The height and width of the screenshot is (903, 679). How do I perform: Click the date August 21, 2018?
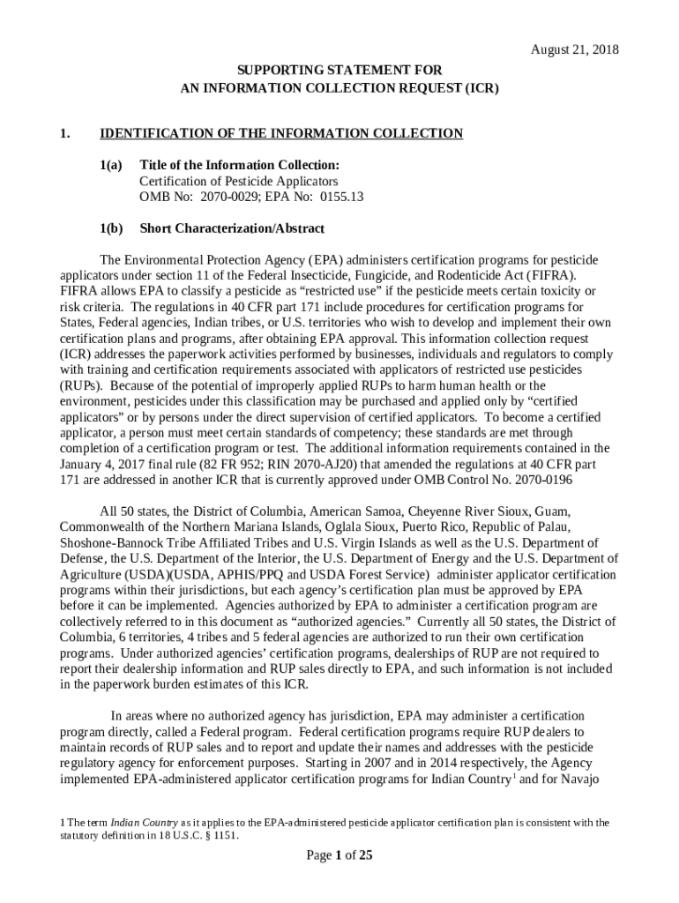(x=574, y=50)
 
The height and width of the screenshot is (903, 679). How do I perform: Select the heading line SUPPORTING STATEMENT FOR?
(x=339, y=70)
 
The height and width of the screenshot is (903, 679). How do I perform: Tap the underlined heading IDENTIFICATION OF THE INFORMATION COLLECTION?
(x=281, y=133)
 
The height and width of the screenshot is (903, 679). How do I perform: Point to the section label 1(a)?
(x=112, y=165)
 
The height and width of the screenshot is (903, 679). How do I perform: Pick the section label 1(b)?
(x=112, y=228)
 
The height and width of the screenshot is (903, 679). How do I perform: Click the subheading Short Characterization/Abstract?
(x=232, y=228)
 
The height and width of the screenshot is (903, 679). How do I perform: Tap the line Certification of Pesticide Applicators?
(x=238, y=181)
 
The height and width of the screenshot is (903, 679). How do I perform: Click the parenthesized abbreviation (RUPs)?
(x=81, y=385)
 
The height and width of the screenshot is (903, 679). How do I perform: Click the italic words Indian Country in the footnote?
(x=142, y=823)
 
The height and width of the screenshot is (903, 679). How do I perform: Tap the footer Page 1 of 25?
(x=339, y=854)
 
